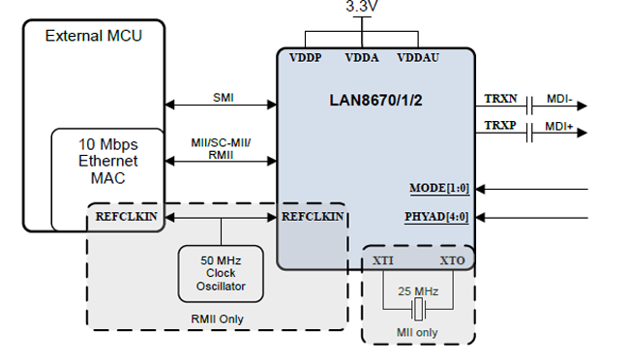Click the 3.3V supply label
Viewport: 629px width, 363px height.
[363, 7]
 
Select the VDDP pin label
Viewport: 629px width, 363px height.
[307, 58]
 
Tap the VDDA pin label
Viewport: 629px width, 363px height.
[363, 58]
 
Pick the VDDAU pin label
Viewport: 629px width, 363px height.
[418, 58]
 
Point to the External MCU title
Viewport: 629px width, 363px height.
[94, 36]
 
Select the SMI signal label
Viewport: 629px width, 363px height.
[223, 97]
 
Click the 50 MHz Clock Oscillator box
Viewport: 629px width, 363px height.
[221, 273]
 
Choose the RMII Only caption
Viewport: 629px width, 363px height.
[217, 318]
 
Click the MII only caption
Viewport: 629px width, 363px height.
[418, 334]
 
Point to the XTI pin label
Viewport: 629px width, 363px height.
[383, 261]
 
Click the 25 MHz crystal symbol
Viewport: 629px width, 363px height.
[418, 310]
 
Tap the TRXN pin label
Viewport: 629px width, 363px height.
[500, 99]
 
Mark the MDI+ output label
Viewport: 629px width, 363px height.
[559, 128]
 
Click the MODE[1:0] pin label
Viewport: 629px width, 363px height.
[439, 187]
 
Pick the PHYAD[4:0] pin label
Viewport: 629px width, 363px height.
[436, 216]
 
